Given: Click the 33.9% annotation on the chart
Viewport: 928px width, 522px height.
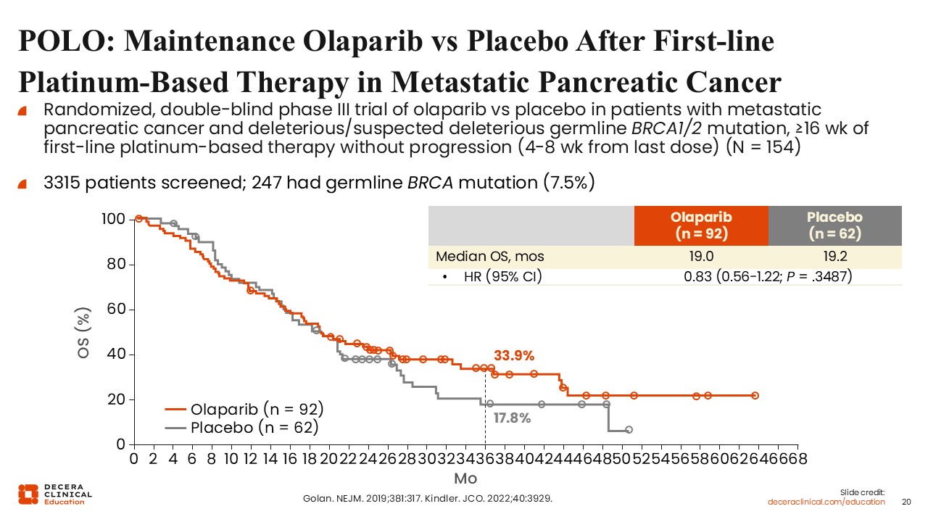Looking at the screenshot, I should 514,355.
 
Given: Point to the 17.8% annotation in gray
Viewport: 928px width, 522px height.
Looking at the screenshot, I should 513,418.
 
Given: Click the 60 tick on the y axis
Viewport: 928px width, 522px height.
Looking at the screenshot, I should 117,310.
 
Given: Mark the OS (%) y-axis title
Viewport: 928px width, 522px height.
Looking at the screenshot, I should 84,333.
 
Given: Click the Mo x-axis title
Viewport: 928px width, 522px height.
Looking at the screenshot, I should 465,478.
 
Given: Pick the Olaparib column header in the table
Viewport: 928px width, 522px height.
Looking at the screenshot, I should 700,225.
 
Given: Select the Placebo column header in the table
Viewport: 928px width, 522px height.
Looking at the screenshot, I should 835,225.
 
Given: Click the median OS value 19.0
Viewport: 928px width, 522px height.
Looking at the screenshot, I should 700,257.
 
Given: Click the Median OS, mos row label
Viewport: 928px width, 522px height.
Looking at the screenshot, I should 489,257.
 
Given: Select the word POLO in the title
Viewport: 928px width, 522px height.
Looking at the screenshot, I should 62,41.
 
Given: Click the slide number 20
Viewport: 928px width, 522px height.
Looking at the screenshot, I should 906,502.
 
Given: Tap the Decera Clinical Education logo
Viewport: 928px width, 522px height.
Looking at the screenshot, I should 55,494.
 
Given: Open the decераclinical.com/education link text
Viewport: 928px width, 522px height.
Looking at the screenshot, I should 826,502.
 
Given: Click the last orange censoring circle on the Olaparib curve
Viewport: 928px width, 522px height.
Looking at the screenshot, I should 755,395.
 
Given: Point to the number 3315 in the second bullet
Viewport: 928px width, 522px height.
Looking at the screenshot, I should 64,183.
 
